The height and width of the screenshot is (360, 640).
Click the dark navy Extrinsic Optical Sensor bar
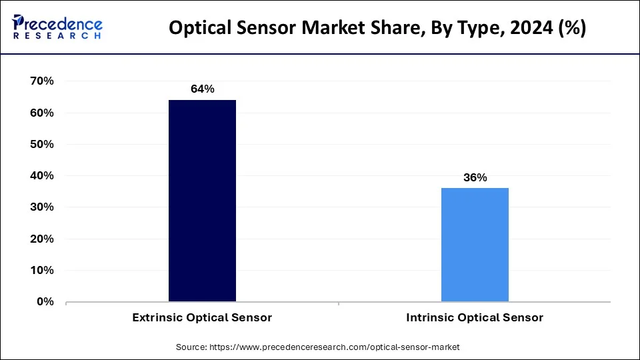tap(202, 200)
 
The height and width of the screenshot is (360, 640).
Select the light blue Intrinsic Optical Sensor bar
tap(475, 244)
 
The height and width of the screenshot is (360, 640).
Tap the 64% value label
tap(202, 89)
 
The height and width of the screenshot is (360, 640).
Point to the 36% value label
tap(475, 177)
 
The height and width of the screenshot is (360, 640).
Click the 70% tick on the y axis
tap(41, 81)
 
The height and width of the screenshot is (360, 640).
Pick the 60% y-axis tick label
tap(41, 113)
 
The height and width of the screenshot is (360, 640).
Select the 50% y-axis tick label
tap(41, 144)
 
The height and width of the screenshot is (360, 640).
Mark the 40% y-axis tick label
tap(41, 176)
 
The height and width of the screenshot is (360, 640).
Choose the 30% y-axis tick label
tap(41, 207)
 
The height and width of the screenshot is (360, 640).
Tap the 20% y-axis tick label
tap(41, 239)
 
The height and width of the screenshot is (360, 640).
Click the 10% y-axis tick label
tap(41, 271)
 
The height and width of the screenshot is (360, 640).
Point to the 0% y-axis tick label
tap(45, 302)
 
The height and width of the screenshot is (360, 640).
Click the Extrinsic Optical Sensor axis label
tap(202, 318)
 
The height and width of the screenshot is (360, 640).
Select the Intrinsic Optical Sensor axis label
tap(475, 318)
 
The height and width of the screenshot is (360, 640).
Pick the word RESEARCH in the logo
tap(57, 35)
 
